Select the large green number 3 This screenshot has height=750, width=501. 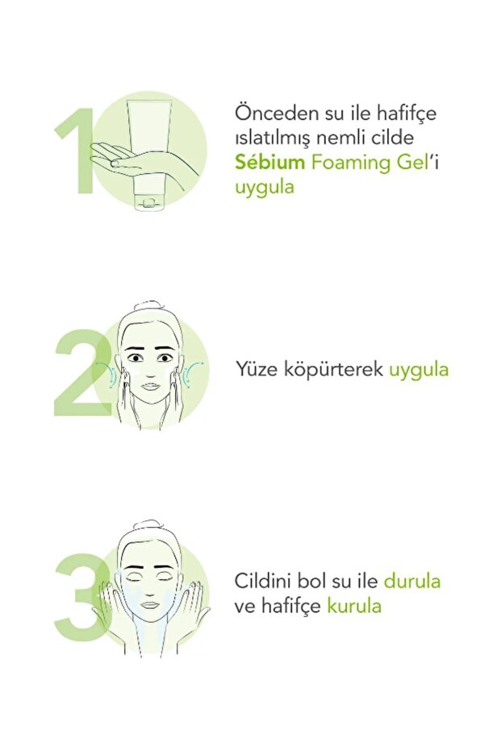[x=81, y=597]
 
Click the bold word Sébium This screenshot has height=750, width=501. [x=269, y=162]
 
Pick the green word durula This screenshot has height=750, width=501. [x=412, y=581]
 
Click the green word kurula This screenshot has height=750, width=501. [x=354, y=606]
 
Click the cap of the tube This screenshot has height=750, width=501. [x=149, y=202]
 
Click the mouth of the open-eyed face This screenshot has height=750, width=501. [x=150, y=386]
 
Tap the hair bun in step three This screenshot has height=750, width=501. [x=149, y=524]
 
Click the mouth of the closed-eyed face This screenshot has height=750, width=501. [x=149, y=604]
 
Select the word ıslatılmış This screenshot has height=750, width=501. [x=273, y=139]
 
